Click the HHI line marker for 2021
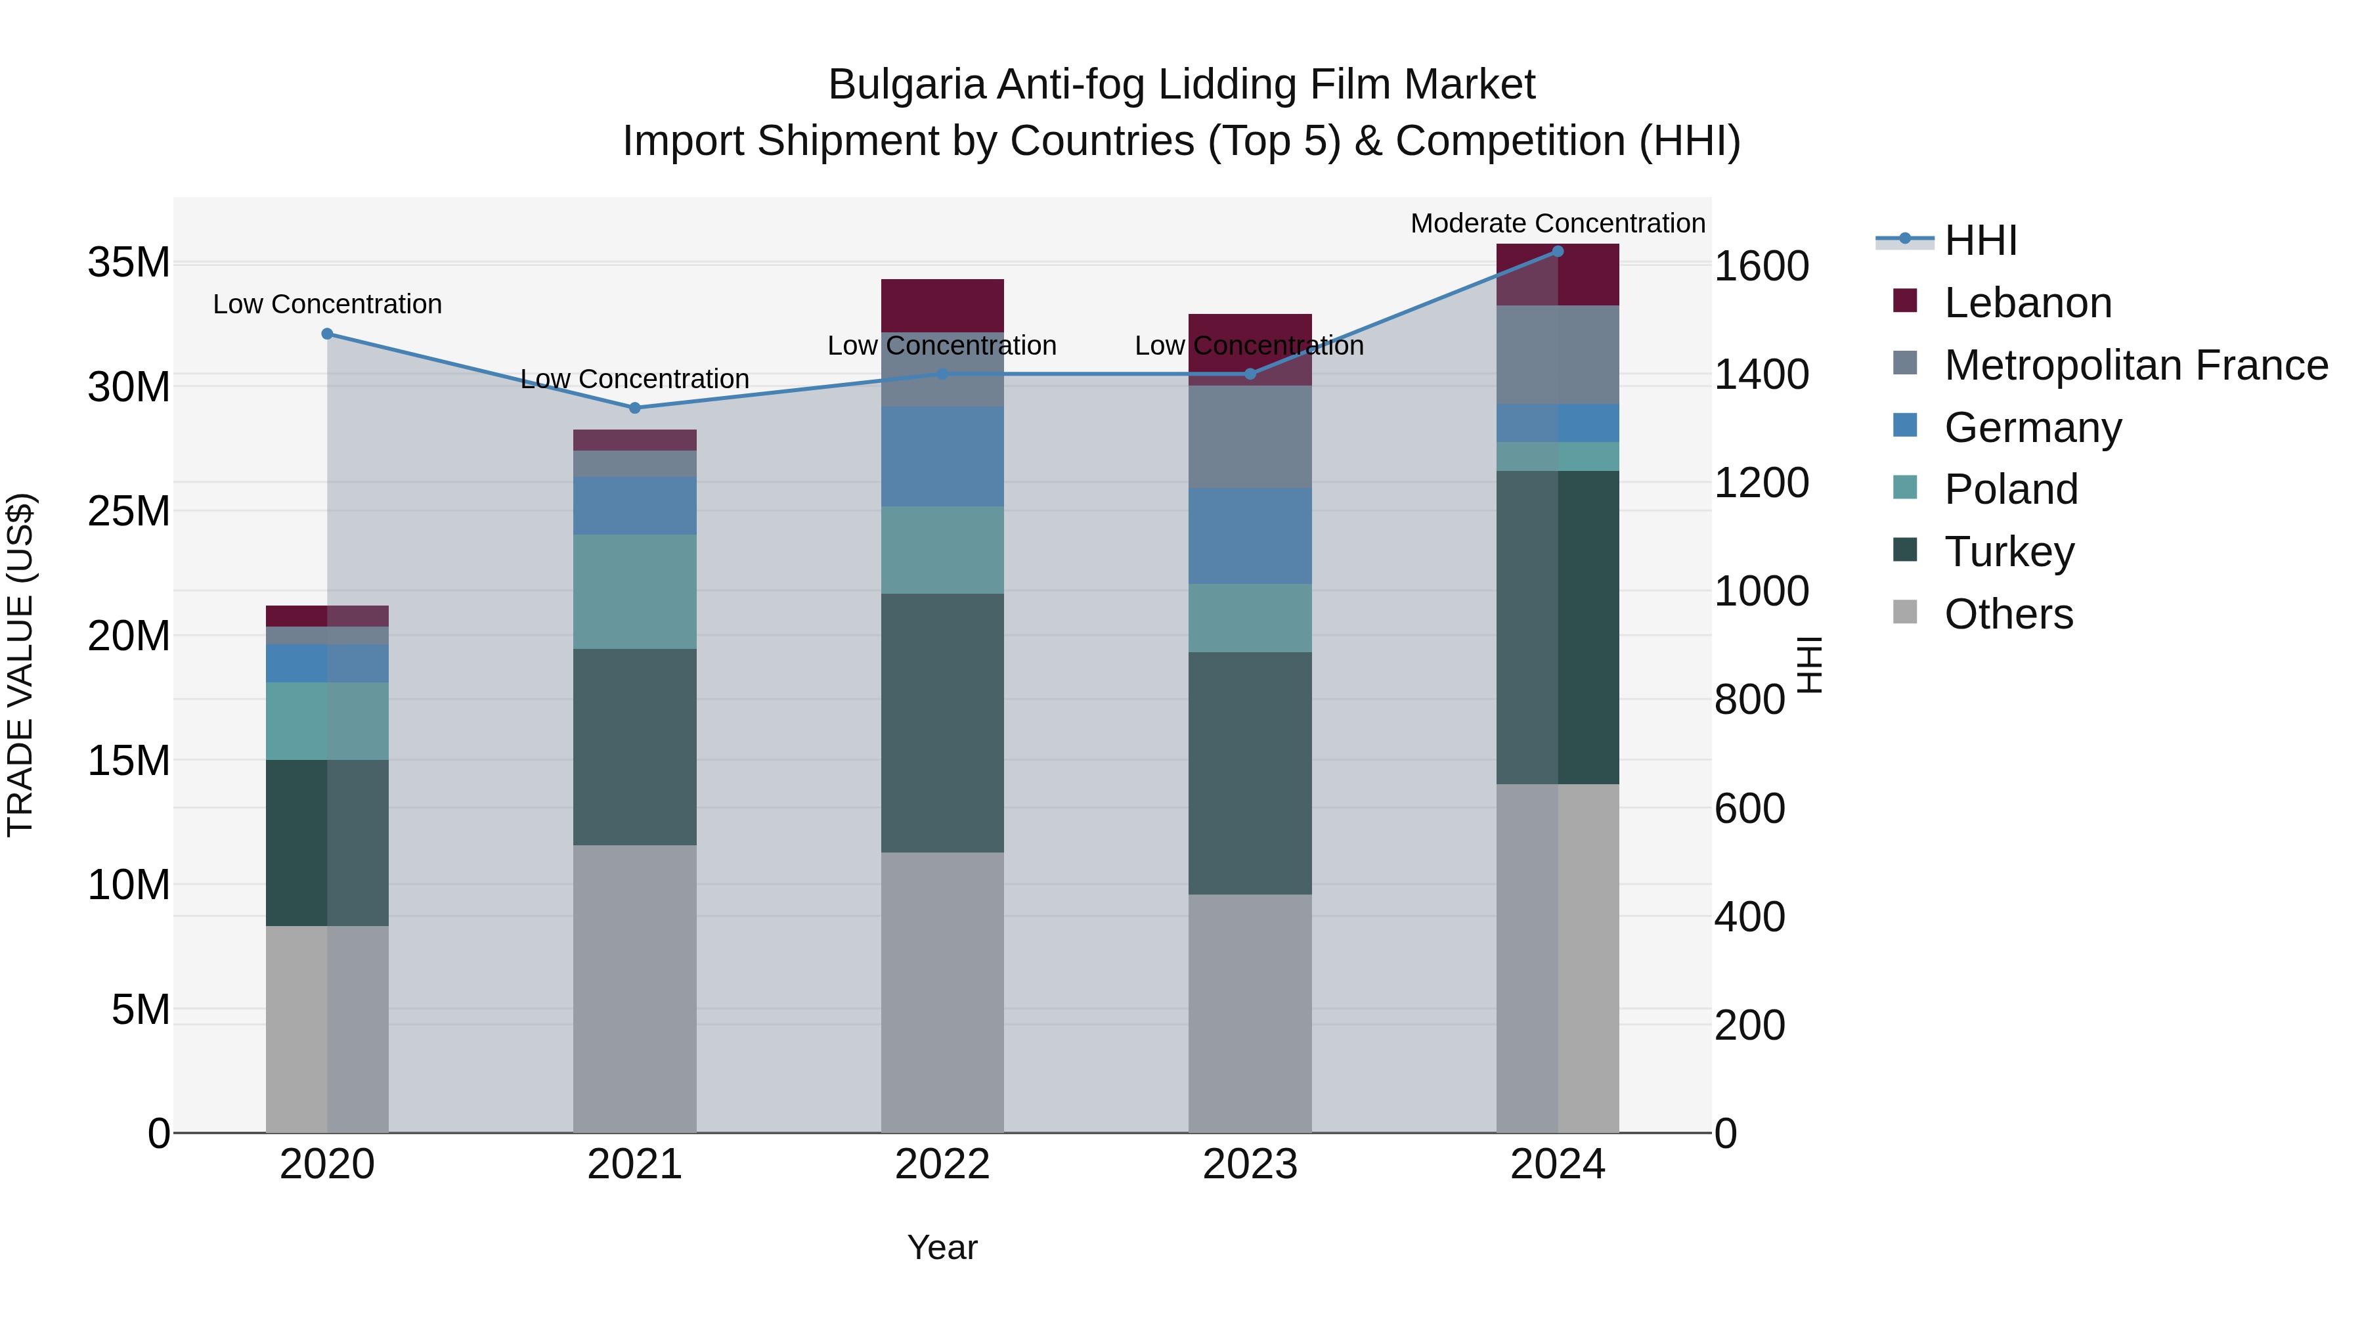(x=634, y=407)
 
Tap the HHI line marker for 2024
(x=1558, y=251)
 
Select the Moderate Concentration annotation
(x=1558, y=223)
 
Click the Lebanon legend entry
(x=2027, y=303)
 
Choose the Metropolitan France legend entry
(x=2135, y=365)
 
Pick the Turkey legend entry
(x=2008, y=552)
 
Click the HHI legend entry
(x=1979, y=240)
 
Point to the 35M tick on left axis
(x=129, y=263)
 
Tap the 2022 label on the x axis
(x=942, y=1164)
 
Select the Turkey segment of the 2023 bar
(x=1249, y=773)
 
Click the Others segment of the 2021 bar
(x=634, y=988)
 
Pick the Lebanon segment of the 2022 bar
(x=942, y=305)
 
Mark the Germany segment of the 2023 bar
(x=1249, y=535)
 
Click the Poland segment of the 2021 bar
(x=634, y=591)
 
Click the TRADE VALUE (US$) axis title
(x=20, y=665)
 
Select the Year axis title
(x=942, y=1247)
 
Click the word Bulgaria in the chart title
(x=907, y=85)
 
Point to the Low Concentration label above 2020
(x=327, y=304)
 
